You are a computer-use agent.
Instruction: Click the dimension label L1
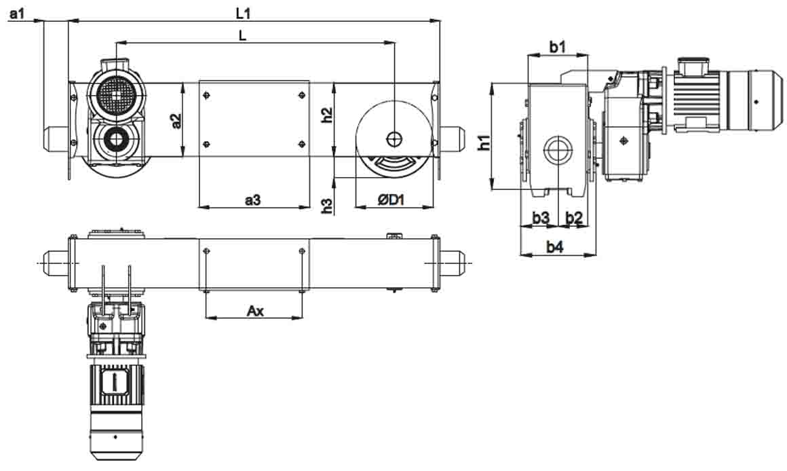pyautogui.click(x=243, y=14)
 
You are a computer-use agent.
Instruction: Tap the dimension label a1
pyautogui.click(x=16, y=14)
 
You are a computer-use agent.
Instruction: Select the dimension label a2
pyautogui.click(x=176, y=121)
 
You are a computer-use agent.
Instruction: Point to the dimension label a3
pyautogui.click(x=252, y=200)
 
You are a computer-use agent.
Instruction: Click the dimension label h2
pyautogui.click(x=327, y=115)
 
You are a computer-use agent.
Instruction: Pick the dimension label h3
pyautogui.click(x=327, y=206)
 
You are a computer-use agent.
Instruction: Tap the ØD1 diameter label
pyautogui.click(x=391, y=200)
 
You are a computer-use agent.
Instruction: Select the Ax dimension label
pyautogui.click(x=255, y=311)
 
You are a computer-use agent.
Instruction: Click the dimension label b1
pyautogui.click(x=557, y=47)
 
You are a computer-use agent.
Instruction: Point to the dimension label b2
pyautogui.click(x=574, y=217)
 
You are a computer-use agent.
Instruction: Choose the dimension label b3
pyautogui.click(x=541, y=217)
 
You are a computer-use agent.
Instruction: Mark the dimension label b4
pyautogui.click(x=554, y=246)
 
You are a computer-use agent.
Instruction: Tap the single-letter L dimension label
pyautogui.click(x=243, y=35)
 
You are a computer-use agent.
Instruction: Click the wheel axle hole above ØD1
pyautogui.click(x=394, y=138)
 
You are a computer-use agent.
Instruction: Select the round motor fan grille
pyautogui.click(x=117, y=94)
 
